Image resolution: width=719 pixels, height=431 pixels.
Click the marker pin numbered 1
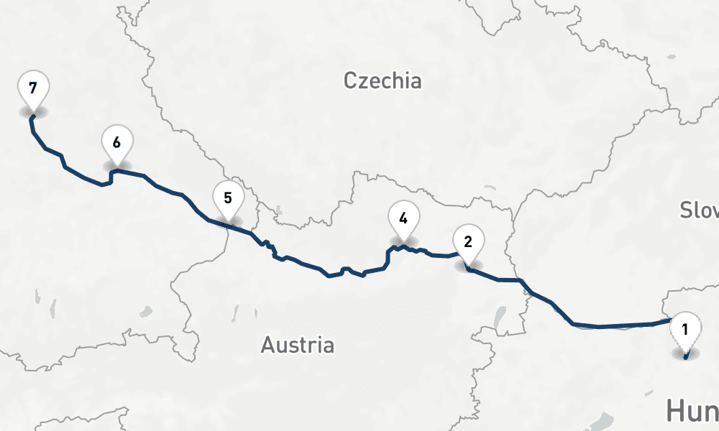coord(684,331)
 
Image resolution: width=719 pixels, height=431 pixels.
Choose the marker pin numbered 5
coord(228,198)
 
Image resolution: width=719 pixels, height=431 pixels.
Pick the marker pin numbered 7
coord(32,89)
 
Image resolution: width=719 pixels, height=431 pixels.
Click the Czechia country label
coord(382,80)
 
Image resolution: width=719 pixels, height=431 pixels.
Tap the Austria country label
coord(297,345)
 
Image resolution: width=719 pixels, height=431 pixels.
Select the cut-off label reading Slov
coord(700,210)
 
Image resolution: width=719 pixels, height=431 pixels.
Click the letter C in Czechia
coord(350,80)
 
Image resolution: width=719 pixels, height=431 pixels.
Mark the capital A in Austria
coord(267,346)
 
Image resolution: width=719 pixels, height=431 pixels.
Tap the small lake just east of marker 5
coord(278,211)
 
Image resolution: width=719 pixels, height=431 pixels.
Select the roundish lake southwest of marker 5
coord(147,311)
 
